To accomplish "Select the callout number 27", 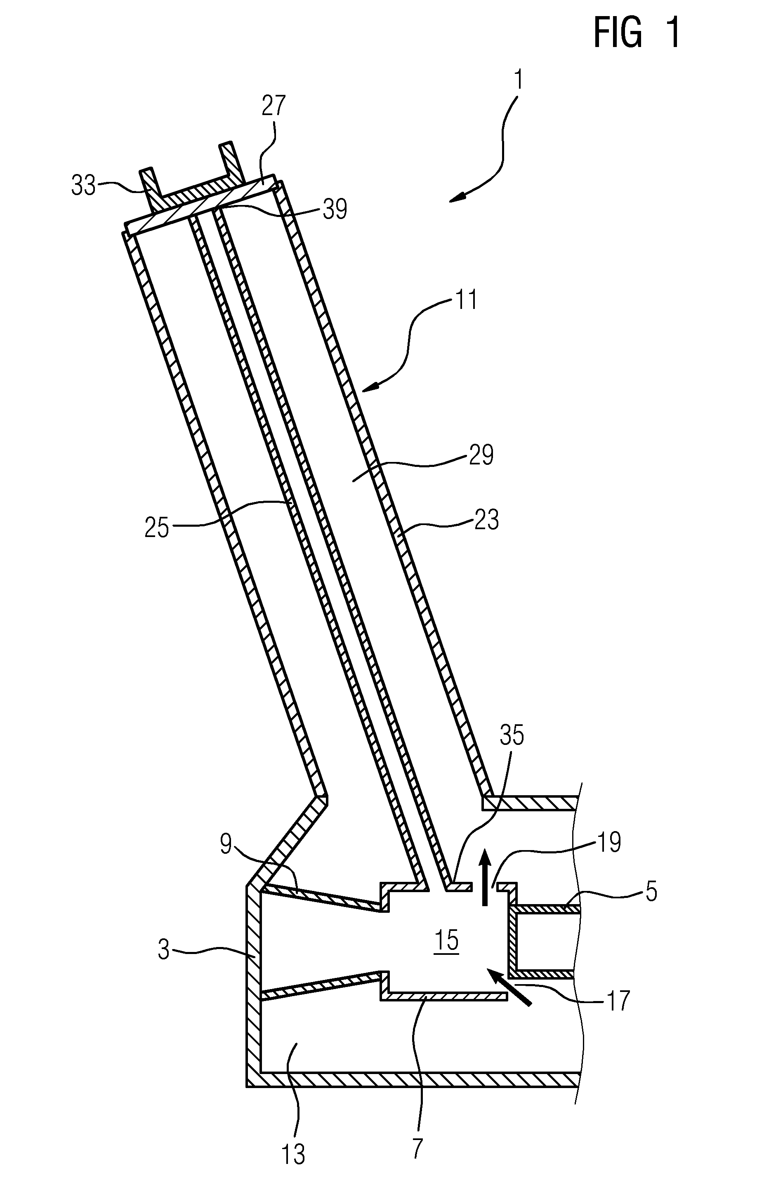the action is pyautogui.click(x=274, y=106).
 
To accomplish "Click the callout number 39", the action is pyautogui.click(x=335, y=210).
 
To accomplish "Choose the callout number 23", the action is pyautogui.click(x=486, y=520).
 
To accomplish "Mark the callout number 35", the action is pyautogui.click(x=512, y=735).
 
